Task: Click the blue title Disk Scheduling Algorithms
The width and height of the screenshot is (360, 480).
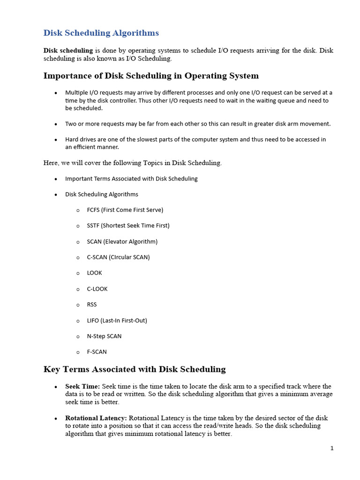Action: (x=101, y=33)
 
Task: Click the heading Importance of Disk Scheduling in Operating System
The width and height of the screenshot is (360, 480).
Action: (x=151, y=75)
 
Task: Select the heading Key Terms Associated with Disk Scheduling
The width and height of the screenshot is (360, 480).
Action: (x=135, y=369)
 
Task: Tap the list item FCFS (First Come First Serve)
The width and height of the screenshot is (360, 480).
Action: (x=125, y=210)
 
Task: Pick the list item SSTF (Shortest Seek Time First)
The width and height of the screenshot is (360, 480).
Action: (x=128, y=225)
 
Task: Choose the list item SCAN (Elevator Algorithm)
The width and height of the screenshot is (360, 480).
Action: (x=122, y=241)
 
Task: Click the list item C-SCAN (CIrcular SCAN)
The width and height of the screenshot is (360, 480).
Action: (x=118, y=257)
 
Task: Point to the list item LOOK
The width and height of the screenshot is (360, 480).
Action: (x=94, y=273)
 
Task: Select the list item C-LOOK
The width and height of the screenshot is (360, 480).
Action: (x=97, y=289)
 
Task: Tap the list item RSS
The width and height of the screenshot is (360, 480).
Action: (x=92, y=304)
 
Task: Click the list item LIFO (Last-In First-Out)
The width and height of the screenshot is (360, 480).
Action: (x=117, y=320)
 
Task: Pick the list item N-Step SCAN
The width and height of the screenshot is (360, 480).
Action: (x=104, y=336)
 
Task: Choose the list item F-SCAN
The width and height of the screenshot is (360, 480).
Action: (x=97, y=352)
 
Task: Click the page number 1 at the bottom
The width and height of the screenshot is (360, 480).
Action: (x=332, y=448)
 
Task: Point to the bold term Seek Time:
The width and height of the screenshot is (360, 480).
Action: (x=82, y=386)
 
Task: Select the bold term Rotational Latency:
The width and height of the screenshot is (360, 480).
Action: (x=96, y=418)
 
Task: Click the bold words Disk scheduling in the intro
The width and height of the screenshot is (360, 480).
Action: (x=68, y=51)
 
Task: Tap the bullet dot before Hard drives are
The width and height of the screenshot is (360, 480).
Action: (x=56, y=140)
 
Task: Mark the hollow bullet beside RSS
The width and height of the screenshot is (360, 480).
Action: (x=78, y=305)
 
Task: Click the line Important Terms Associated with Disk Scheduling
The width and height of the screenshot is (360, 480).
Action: (x=131, y=179)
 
